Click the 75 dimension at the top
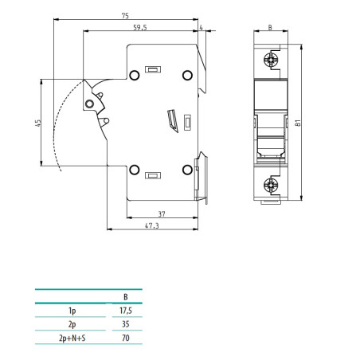point(126,15)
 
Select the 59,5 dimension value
point(140,27)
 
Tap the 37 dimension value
point(161,213)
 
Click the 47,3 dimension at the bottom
point(153,226)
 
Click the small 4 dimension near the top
point(202,28)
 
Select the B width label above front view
point(270,27)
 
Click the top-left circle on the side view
point(135,76)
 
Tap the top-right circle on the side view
point(187,76)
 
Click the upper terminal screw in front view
point(271,59)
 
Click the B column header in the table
point(124,296)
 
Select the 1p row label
point(72,311)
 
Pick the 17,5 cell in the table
point(124,311)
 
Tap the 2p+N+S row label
point(72,339)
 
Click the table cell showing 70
point(124,339)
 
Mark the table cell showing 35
point(124,325)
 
